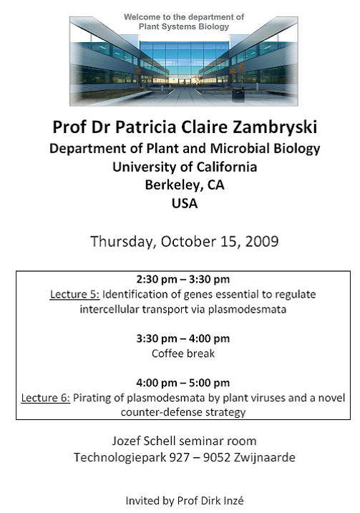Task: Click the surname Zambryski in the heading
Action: click(x=275, y=127)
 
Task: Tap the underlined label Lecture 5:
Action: click(x=74, y=295)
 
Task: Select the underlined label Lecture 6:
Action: click(x=46, y=398)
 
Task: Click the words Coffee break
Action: click(x=183, y=353)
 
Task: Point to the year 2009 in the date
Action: click(x=262, y=241)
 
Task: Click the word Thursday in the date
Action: click(x=122, y=242)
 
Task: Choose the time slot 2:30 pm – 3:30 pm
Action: click(x=183, y=280)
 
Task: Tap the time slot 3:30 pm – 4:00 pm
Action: click(x=183, y=338)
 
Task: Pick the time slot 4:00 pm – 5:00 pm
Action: click(x=183, y=383)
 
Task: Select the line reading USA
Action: click(x=185, y=203)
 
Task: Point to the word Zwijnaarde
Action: click(x=264, y=457)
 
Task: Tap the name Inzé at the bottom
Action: click(x=233, y=501)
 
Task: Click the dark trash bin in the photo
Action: click(x=238, y=94)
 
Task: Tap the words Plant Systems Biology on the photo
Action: click(x=184, y=26)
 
